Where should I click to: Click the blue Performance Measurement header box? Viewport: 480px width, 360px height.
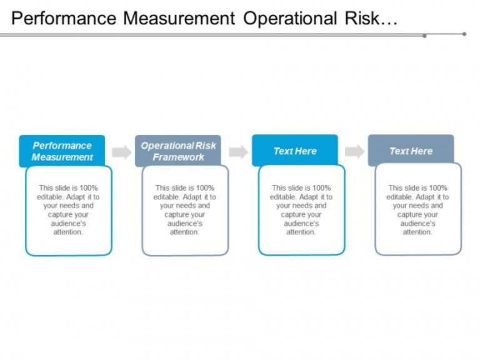pyautogui.click(x=62, y=151)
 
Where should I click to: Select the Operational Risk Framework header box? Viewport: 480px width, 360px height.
pyautogui.click(x=178, y=151)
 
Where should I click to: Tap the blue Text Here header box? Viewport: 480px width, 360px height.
pyautogui.click(x=295, y=151)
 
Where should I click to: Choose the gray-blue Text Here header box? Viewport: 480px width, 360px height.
pyautogui.click(x=411, y=151)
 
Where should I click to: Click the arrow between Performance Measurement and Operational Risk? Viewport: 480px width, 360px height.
pyautogui.click(x=121, y=152)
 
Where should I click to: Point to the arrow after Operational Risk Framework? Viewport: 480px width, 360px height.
pyautogui.click(x=238, y=152)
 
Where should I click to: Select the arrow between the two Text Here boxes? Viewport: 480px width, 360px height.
pyautogui.click(x=354, y=151)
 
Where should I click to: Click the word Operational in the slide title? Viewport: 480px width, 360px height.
pyautogui.click(x=290, y=18)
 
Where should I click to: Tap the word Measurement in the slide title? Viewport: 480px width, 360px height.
pyautogui.click(x=179, y=18)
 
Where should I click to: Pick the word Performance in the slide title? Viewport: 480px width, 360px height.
pyautogui.click(x=64, y=18)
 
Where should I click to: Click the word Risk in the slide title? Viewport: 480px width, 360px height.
pyautogui.click(x=362, y=18)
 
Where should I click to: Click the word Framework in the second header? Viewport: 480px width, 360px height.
pyautogui.click(x=178, y=157)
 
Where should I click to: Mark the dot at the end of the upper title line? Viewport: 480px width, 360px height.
pyautogui.click(x=464, y=34)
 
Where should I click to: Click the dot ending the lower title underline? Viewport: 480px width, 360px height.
pyautogui.click(x=424, y=36)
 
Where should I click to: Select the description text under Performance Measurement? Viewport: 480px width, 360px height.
pyautogui.click(x=68, y=210)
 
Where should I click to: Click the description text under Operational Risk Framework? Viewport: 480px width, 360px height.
pyautogui.click(x=184, y=210)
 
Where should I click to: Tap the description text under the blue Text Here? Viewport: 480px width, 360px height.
pyautogui.click(x=301, y=210)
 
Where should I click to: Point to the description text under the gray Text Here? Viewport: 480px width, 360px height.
pyautogui.click(x=417, y=210)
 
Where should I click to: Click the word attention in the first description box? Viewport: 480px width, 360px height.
pyautogui.click(x=68, y=232)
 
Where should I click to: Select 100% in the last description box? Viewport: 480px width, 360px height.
pyautogui.click(x=438, y=187)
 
